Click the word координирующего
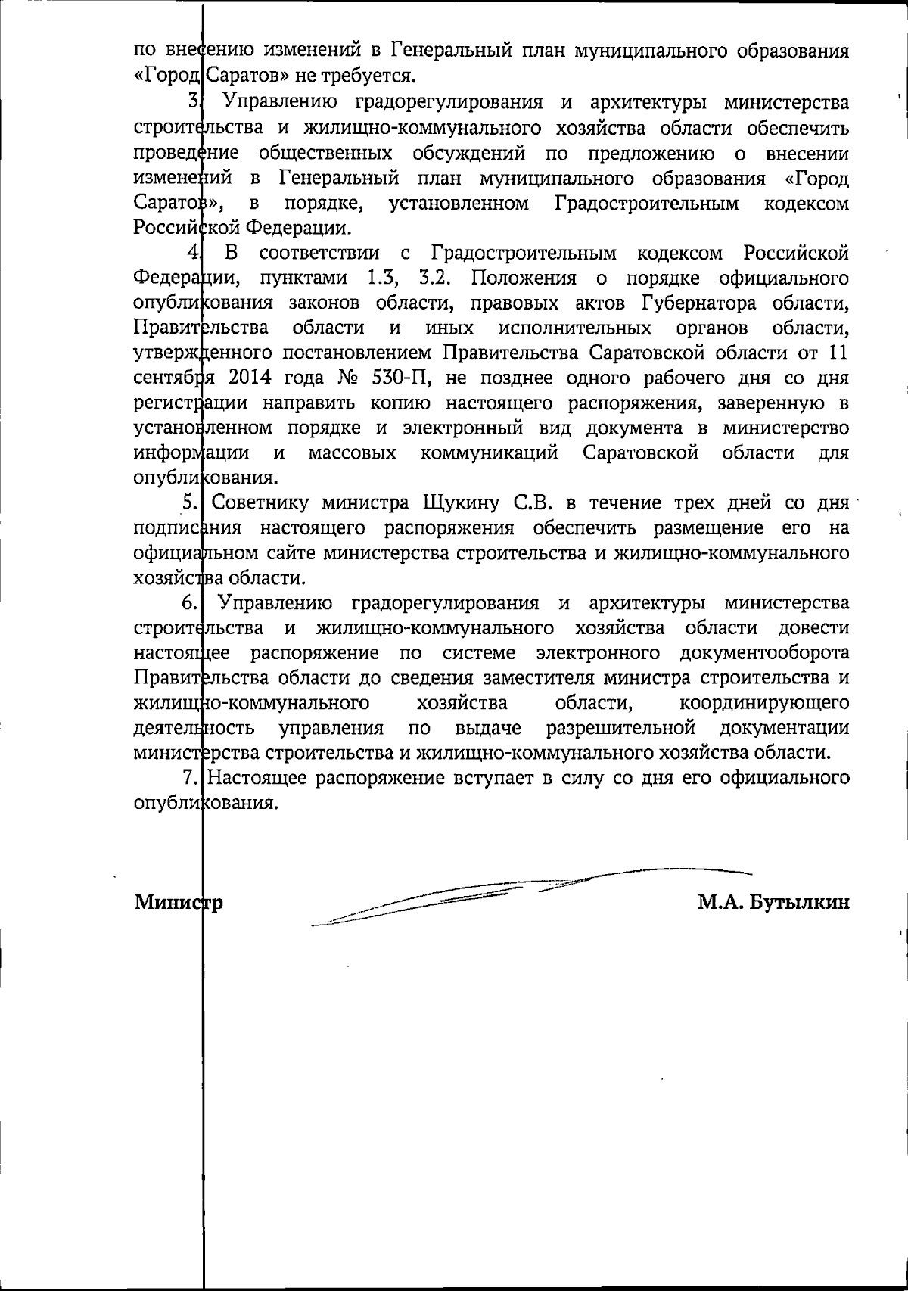pyautogui.click(x=764, y=704)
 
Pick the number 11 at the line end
pyautogui.click(x=838, y=353)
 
